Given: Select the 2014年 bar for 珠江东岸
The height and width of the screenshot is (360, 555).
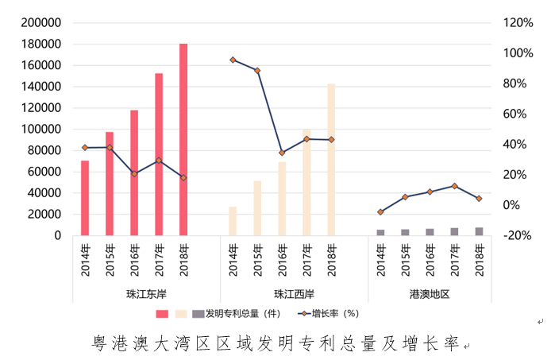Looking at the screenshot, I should (85, 198).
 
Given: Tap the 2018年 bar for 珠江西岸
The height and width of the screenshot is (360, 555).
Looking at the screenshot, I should (331, 159).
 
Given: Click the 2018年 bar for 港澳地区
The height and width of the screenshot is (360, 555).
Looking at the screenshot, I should (479, 231).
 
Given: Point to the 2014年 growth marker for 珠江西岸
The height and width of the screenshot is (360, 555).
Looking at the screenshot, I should (233, 60).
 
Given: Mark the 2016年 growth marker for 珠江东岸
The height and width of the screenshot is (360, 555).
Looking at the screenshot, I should (134, 173).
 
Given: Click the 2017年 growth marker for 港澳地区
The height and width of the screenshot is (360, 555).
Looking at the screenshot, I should (454, 186).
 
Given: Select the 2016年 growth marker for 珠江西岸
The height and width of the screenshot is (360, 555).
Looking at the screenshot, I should (282, 153).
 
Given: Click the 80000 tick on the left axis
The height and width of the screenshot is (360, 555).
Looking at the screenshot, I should (46, 150).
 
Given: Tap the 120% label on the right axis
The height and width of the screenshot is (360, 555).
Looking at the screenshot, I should (518, 23).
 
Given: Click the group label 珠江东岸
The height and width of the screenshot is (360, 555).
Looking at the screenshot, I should (146, 294).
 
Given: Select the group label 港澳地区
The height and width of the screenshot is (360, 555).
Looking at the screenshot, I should (430, 294).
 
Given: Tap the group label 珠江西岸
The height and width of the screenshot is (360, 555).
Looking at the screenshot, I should (294, 294).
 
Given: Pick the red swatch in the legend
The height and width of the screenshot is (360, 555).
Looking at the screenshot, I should (162, 314).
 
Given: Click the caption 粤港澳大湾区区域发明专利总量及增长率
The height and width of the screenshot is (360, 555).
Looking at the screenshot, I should (276, 344).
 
